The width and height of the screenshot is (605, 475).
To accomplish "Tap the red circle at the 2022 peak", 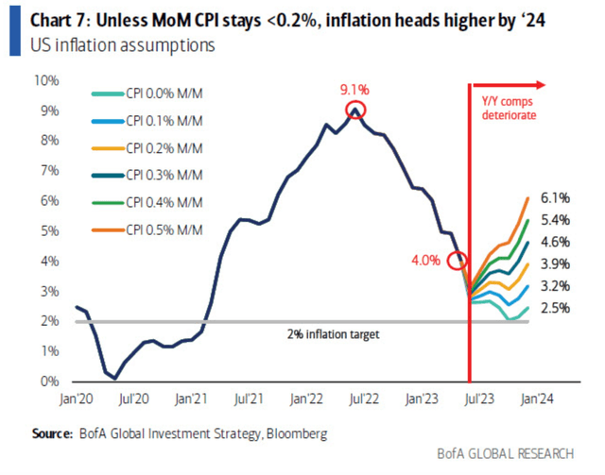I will pos(354,110).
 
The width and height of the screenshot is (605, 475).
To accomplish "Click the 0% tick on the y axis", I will pos(50,382).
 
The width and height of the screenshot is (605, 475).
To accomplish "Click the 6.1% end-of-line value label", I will pos(555,198).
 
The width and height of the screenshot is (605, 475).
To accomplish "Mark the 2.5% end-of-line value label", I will pos(555,308).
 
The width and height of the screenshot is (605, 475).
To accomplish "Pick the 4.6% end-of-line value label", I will pos(555,242).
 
